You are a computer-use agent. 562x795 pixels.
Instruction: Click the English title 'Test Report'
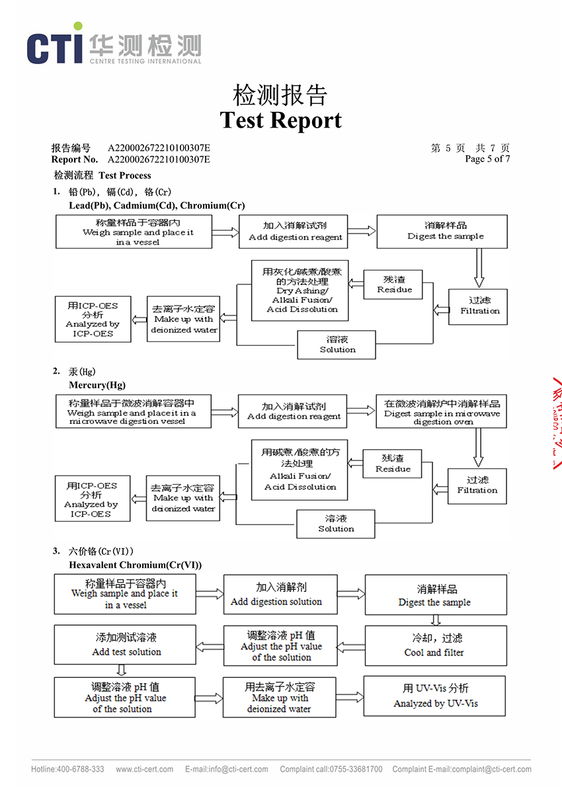pyautogui.click(x=280, y=120)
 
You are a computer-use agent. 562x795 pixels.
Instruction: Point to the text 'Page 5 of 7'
pyautogui.click(x=487, y=159)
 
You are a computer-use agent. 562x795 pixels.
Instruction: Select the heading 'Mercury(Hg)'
pyautogui.click(x=97, y=385)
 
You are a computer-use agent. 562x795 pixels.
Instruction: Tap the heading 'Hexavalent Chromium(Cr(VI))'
pyautogui.click(x=135, y=565)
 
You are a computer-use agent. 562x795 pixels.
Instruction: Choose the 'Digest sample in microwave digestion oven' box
pyautogui.click(x=442, y=411)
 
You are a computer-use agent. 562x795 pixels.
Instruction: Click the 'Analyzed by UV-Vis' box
pyautogui.click(x=434, y=695)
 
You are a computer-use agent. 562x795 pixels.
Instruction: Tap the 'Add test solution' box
pyautogui.click(x=126, y=645)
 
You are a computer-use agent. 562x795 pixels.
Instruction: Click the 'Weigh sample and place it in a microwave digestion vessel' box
pyautogui.click(x=134, y=411)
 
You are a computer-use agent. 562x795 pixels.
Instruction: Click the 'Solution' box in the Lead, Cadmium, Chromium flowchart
pyautogui.click(x=337, y=345)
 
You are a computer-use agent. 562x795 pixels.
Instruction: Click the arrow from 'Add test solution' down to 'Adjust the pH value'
pyautogui.click(x=122, y=671)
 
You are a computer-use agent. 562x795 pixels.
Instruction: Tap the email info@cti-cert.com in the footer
pyautogui.click(x=227, y=769)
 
